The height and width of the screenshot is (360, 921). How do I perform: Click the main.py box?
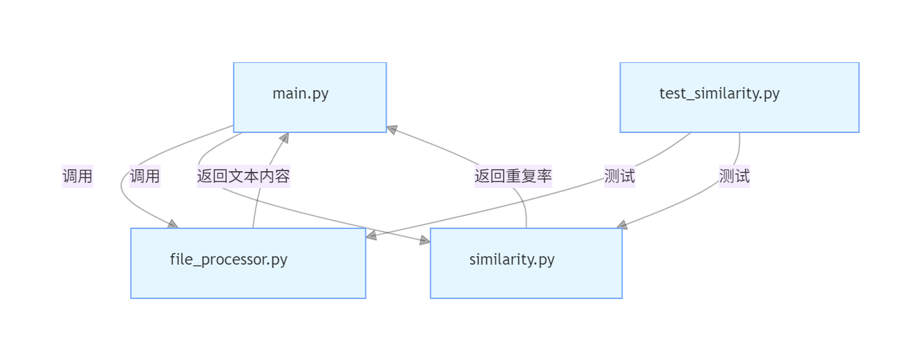(309, 97)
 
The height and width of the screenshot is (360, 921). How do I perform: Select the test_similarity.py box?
(739, 97)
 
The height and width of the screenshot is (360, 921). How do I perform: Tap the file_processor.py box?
(248, 263)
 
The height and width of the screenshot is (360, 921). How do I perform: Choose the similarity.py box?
(526, 263)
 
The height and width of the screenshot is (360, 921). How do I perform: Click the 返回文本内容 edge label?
(243, 176)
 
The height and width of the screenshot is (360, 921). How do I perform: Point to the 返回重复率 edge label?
(513, 176)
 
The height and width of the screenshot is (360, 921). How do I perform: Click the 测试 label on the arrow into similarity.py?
(734, 176)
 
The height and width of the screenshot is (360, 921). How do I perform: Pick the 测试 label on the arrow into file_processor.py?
(619, 176)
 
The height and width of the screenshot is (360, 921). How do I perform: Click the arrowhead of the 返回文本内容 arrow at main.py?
(283, 138)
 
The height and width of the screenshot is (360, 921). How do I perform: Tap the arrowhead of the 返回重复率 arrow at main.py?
(392, 130)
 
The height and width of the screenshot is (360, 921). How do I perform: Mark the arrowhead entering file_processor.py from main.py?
(173, 224)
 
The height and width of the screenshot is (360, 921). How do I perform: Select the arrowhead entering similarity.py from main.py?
(425, 241)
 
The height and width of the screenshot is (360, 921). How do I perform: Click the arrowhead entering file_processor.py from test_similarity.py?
(371, 235)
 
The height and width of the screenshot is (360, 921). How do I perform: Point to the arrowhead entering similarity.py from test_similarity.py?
(621, 224)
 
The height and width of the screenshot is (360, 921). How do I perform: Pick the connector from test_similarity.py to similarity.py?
(688, 201)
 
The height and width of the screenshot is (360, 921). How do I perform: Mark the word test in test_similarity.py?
(672, 93)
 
